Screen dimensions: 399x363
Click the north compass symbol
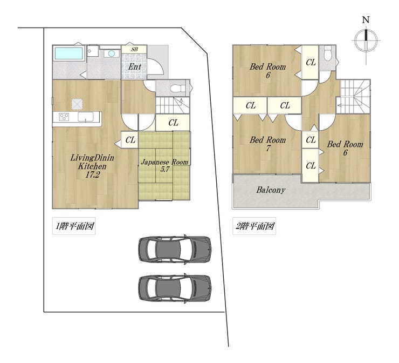click(366, 40)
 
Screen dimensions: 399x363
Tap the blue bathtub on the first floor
click(68, 53)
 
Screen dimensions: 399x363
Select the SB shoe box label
click(134, 50)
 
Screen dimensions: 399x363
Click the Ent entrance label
click(134, 67)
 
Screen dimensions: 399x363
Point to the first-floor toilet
click(178, 89)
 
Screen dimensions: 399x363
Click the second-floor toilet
click(327, 54)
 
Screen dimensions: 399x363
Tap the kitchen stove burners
click(64, 117)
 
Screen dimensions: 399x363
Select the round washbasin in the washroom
click(112, 53)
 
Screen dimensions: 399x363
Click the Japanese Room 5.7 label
click(164, 166)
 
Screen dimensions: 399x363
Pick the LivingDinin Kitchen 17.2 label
click(92, 166)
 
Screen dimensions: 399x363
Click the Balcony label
click(271, 190)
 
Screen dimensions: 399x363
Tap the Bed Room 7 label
click(267, 144)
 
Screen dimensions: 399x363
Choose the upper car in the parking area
click(175, 249)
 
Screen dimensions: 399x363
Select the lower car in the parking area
click(175, 288)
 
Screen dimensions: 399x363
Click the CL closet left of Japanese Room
click(130, 140)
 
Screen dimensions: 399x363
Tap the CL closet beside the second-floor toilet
click(311, 63)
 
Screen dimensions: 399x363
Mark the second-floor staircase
click(354, 96)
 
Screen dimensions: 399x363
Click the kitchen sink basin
click(86, 117)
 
